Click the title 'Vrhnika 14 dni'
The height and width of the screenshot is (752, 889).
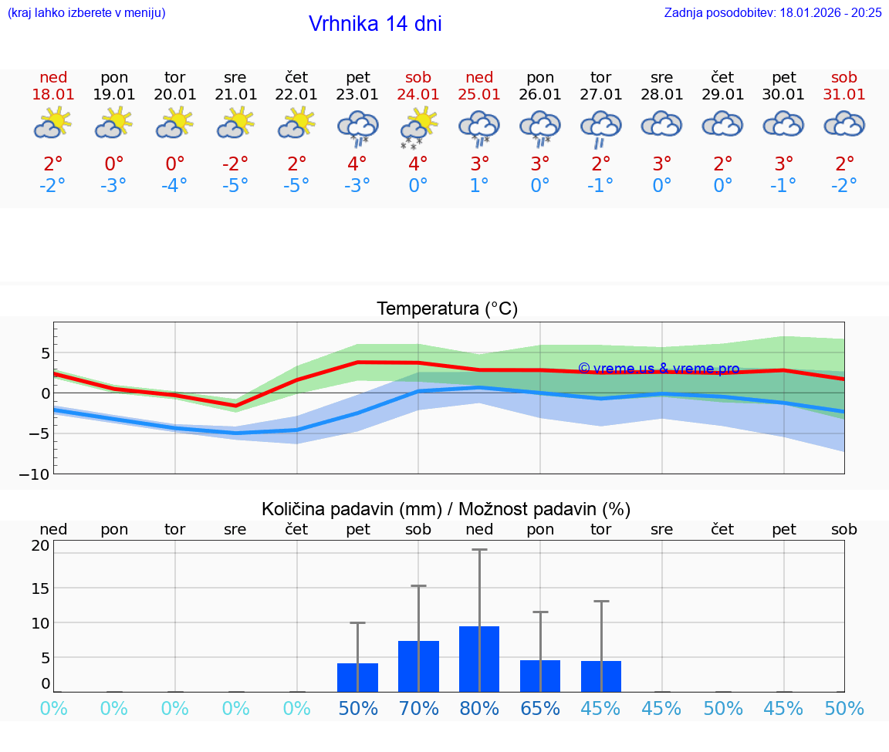tap(375, 24)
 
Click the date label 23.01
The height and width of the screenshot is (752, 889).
tap(357, 94)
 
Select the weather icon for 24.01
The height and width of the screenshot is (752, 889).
tap(418, 126)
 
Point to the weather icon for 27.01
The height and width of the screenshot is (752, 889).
tap(601, 127)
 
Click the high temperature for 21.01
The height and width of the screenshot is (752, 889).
tap(235, 164)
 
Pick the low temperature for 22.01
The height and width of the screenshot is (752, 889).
tap(296, 185)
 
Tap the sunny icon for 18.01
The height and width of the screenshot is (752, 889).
tap(53, 123)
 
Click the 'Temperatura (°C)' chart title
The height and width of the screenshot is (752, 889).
tap(447, 309)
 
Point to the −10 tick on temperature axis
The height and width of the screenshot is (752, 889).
tap(35, 474)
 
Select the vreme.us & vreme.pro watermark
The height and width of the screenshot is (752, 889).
tap(658, 369)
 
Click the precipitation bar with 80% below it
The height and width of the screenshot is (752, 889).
tap(479, 659)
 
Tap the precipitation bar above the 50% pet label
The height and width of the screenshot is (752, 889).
tap(357, 677)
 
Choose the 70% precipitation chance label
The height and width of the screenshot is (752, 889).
tap(418, 708)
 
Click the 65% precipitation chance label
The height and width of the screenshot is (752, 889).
tap(540, 708)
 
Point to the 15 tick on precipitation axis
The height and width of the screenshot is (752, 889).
tap(40, 588)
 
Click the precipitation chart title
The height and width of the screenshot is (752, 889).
tap(446, 509)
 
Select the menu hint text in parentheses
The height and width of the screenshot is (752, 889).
tap(86, 12)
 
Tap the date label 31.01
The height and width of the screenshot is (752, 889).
tap(844, 94)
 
